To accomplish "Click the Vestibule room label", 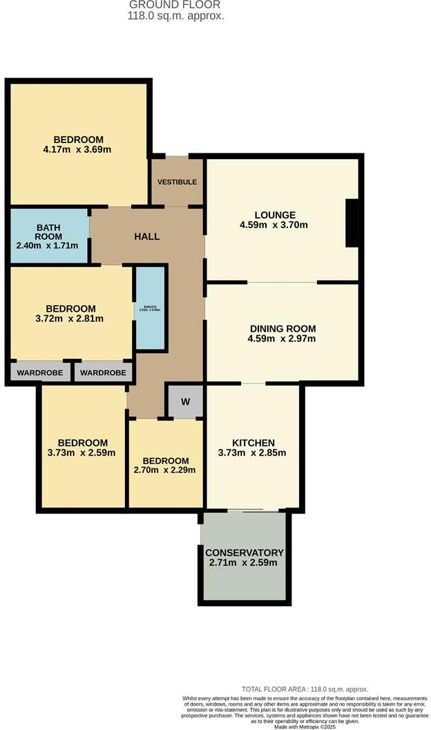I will click(x=177, y=182).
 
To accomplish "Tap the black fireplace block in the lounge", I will click(x=352, y=223).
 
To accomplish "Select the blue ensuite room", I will click(x=150, y=308).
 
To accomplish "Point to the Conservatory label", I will click(x=245, y=553).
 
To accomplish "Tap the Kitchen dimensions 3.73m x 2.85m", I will click(x=253, y=453).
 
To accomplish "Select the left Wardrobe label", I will click(x=40, y=373).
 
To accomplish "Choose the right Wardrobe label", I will click(x=103, y=373).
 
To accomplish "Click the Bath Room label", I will click(x=49, y=232).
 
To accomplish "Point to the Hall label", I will click(x=146, y=236).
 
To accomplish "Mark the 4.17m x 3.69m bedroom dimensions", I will click(x=77, y=149).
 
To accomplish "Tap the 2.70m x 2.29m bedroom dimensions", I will click(x=165, y=470).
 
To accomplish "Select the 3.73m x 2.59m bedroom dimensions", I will click(x=82, y=453).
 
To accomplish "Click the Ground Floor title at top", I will click(x=175, y=5).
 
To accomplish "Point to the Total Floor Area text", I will click(x=304, y=689).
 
